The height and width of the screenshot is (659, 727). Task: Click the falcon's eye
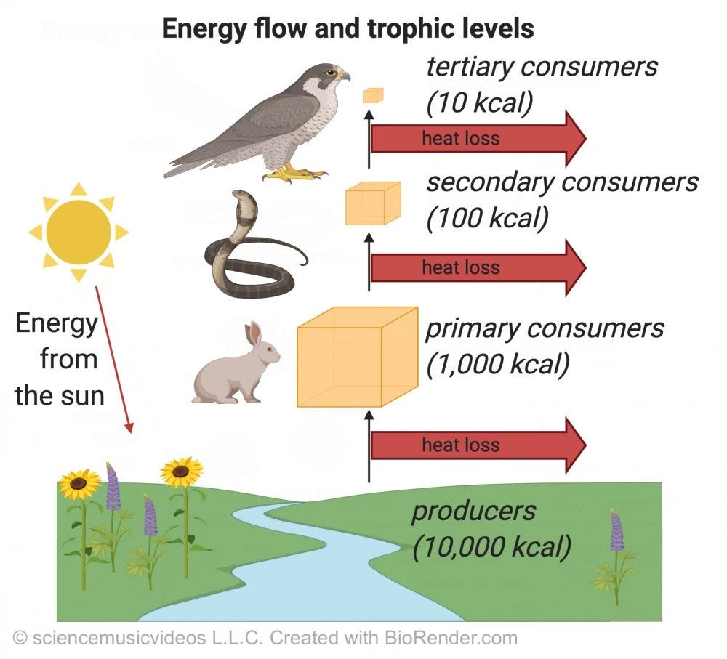click(332, 72)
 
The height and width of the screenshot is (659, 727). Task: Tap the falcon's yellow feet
click(294, 173)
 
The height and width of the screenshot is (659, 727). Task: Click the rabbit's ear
click(252, 334)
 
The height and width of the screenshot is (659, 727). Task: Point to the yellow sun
click(79, 232)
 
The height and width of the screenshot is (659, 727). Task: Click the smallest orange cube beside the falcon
click(374, 94)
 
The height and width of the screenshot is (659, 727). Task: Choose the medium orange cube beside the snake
click(372, 203)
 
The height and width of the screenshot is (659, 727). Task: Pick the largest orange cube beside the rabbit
click(357, 357)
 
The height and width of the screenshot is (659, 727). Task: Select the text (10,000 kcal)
click(491, 546)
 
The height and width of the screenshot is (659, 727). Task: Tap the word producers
click(473, 511)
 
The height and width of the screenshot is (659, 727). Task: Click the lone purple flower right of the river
click(616, 534)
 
